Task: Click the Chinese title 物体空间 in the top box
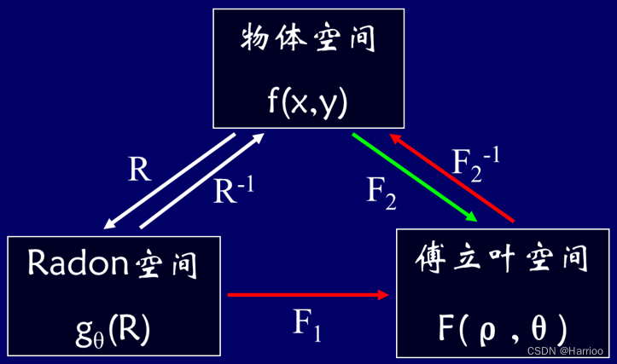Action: click(x=309, y=39)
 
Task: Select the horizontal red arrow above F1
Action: click(x=308, y=295)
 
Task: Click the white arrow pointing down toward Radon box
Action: click(x=168, y=182)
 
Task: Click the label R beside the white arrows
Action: click(x=139, y=170)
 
